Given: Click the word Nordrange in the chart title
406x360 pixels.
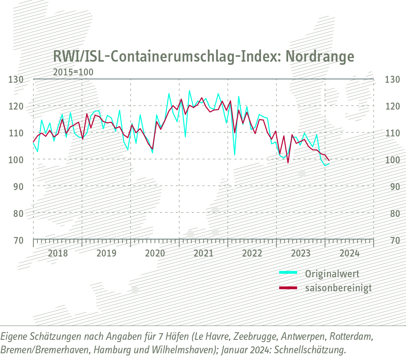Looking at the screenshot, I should click(320, 57).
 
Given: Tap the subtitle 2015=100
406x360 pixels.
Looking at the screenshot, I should click(73, 72).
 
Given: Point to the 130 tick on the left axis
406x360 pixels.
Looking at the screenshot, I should click(16, 79).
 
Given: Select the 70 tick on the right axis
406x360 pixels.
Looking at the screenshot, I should click(393, 240).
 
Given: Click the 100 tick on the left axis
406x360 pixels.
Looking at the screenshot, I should click(16, 159).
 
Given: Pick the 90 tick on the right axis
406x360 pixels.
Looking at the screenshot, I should click(393, 186).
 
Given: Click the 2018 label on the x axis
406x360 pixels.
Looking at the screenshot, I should click(58, 254).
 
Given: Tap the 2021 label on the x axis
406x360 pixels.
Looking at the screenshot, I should click(203, 254).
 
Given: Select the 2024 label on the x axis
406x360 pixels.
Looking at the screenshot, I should click(349, 254).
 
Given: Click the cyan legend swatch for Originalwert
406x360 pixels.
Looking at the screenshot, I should click(288, 272).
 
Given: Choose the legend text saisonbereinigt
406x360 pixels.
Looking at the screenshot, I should click(338, 288).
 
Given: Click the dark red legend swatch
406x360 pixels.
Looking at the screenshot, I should click(288, 288).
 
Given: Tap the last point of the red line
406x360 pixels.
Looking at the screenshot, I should click(329, 160).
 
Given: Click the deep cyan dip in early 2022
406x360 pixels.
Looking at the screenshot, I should click(234, 155).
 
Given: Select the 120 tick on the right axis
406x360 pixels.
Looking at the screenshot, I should click(393, 106).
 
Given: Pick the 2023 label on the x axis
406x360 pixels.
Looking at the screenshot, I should click(301, 254).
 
